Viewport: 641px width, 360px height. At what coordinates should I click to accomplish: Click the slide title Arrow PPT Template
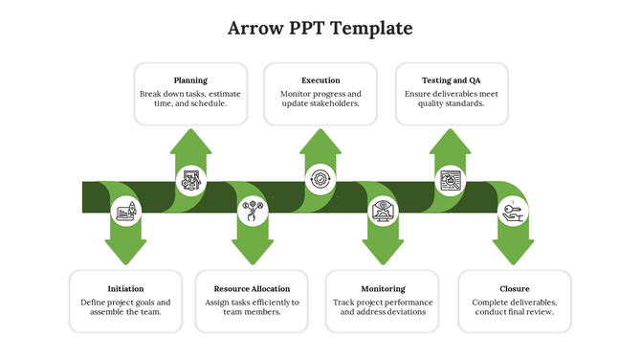320,29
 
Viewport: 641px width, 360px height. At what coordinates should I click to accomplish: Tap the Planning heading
190,80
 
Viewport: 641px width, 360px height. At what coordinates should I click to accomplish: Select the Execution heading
320,80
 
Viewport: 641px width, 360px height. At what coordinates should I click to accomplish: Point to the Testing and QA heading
452,80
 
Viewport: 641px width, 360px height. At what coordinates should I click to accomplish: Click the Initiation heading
126,288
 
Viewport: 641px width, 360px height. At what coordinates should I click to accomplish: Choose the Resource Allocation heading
252,288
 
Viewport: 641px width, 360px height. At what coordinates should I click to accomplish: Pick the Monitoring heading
383,288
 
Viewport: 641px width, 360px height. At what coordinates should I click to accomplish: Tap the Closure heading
515,288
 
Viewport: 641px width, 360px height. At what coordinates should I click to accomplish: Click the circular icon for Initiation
125,212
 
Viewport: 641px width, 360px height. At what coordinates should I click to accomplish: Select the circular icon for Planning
190,179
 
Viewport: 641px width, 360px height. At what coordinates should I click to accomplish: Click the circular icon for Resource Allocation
253,212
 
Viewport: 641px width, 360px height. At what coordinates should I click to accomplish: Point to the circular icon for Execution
320,179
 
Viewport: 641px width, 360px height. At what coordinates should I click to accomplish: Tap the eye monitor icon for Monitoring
384,212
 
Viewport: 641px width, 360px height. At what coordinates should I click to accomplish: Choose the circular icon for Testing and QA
451,179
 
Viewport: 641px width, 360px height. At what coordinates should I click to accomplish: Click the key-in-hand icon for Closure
512,212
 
